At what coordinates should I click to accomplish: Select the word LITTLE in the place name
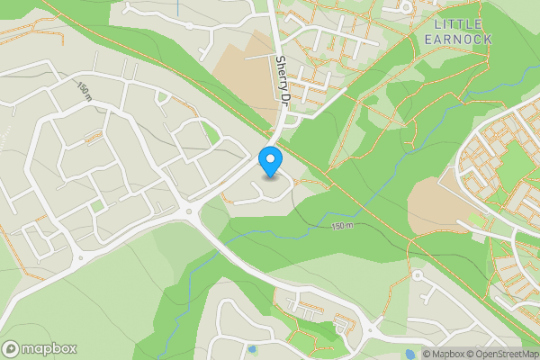coord(457,23)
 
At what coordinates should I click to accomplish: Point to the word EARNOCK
coord(457,39)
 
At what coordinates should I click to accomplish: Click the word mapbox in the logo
coord(50,348)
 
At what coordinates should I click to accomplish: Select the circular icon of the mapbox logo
coord(12,348)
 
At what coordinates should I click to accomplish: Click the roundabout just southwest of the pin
coord(191,212)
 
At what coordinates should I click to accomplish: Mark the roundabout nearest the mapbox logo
coord(79,258)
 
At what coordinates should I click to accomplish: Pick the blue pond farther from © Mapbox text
coord(251,347)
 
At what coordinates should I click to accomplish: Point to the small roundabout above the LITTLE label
coord(407,6)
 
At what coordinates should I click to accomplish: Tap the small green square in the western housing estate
coord(96,206)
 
